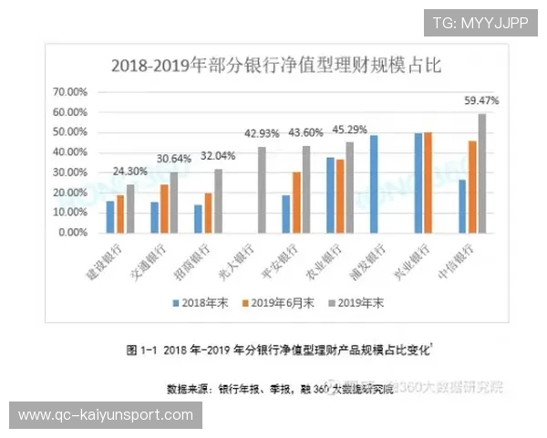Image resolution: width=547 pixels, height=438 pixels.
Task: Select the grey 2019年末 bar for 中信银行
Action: click(x=482, y=173)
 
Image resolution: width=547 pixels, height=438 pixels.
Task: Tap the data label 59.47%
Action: click(x=481, y=100)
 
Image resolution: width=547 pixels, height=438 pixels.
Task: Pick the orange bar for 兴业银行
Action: click(x=428, y=182)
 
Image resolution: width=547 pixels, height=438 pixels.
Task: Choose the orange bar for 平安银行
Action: click(x=296, y=203)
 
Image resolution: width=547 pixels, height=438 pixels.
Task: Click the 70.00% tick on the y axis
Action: click(x=71, y=92)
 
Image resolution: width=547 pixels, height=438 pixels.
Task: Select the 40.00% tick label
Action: click(x=71, y=152)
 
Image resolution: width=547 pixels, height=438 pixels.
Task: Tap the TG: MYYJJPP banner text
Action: click(x=480, y=22)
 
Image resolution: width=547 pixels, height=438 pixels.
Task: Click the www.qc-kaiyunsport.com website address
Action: click(x=106, y=416)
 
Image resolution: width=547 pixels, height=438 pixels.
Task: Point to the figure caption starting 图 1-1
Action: click(x=274, y=349)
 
